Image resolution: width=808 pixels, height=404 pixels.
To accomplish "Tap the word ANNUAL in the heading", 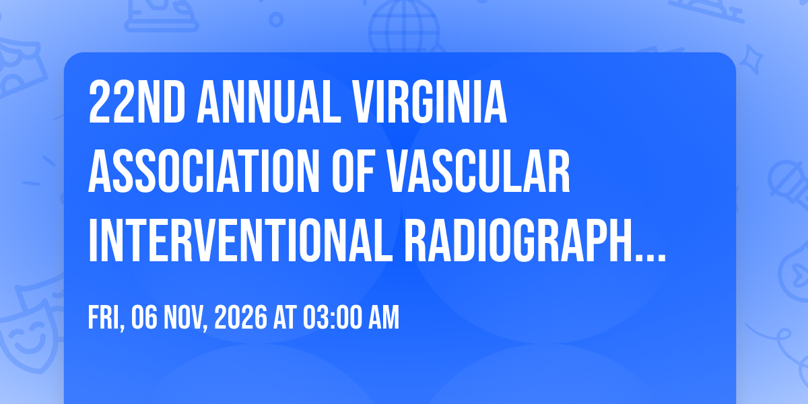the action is click(269, 102).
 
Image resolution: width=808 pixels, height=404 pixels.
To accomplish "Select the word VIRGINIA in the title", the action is click(430, 102).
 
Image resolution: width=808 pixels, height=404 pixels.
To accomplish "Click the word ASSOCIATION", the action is click(204, 171).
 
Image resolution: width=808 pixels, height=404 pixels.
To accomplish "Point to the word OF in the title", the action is click(352, 171).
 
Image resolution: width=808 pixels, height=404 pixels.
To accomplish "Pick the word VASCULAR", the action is click(477, 171).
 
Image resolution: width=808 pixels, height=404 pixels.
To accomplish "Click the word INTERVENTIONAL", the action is click(240, 240).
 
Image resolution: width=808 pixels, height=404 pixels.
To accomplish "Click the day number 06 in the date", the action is click(144, 317).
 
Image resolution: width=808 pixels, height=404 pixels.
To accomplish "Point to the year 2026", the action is click(241, 317).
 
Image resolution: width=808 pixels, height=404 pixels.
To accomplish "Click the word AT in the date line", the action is click(285, 317).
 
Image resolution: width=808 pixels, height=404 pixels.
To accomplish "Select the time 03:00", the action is click(332, 317).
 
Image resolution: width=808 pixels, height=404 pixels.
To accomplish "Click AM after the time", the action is click(383, 317).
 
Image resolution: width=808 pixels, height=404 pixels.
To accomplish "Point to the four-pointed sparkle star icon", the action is click(751, 59).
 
